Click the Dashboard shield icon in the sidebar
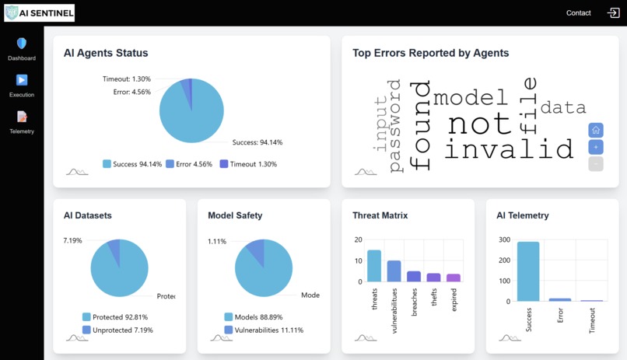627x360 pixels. coord(22,44)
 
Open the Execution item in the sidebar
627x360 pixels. coord(22,80)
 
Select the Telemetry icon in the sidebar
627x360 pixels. coord(22,117)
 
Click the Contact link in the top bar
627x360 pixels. coord(578,12)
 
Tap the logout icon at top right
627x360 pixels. coord(613,12)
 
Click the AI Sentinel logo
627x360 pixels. coord(39,13)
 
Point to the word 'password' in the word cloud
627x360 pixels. coord(395,124)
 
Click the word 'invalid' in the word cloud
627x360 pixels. coord(509,149)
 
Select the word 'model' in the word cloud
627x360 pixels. coord(470,98)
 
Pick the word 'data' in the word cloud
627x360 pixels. coord(563,107)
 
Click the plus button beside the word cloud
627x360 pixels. coord(596,147)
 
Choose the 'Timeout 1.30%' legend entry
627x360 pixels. coord(248,164)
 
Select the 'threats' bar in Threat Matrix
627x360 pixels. coord(374,266)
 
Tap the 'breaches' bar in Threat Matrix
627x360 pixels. coord(414,276)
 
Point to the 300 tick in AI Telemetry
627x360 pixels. coord(504,240)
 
